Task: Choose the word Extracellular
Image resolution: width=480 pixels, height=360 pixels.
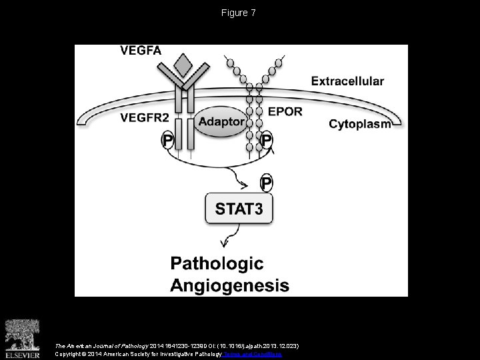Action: coord(347,81)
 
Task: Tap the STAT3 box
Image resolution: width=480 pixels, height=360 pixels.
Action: coord(239,209)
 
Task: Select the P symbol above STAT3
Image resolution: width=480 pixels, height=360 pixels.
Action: coord(267,182)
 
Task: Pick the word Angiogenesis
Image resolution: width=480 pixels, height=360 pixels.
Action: coord(229,286)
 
